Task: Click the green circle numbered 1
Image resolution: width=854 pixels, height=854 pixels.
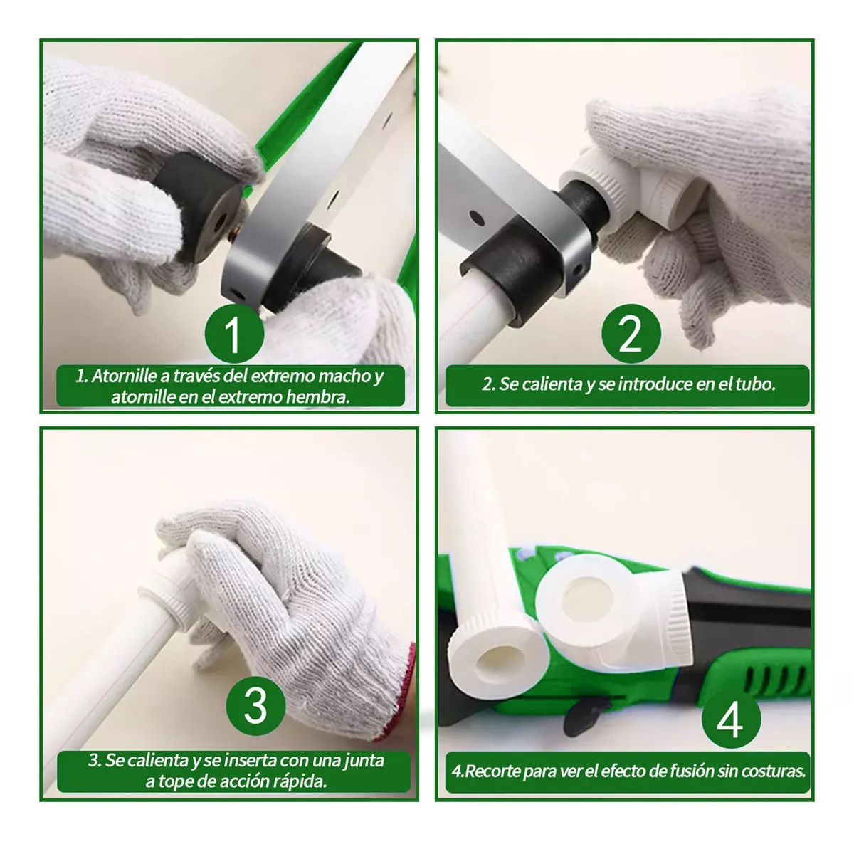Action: (x=234, y=333)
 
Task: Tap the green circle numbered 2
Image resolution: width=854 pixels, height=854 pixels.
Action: (x=631, y=333)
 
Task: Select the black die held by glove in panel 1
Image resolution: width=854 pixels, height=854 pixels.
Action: (x=197, y=203)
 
